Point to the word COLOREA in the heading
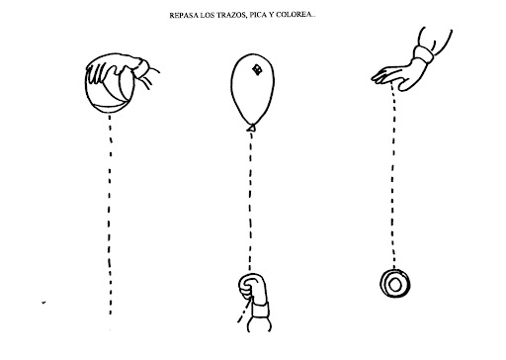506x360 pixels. [293, 15]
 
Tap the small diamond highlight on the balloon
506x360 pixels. [257, 70]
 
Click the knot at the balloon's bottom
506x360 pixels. [252, 128]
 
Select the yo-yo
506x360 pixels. [395, 284]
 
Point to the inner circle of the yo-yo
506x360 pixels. [394, 285]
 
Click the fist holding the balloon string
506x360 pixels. [253, 286]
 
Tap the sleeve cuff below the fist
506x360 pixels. [260, 310]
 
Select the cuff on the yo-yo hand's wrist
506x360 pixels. [424, 54]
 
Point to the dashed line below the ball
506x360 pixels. [110, 215]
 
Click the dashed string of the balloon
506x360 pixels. [250, 201]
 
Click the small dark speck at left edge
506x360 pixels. [43, 303]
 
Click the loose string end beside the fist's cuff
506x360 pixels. [244, 312]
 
